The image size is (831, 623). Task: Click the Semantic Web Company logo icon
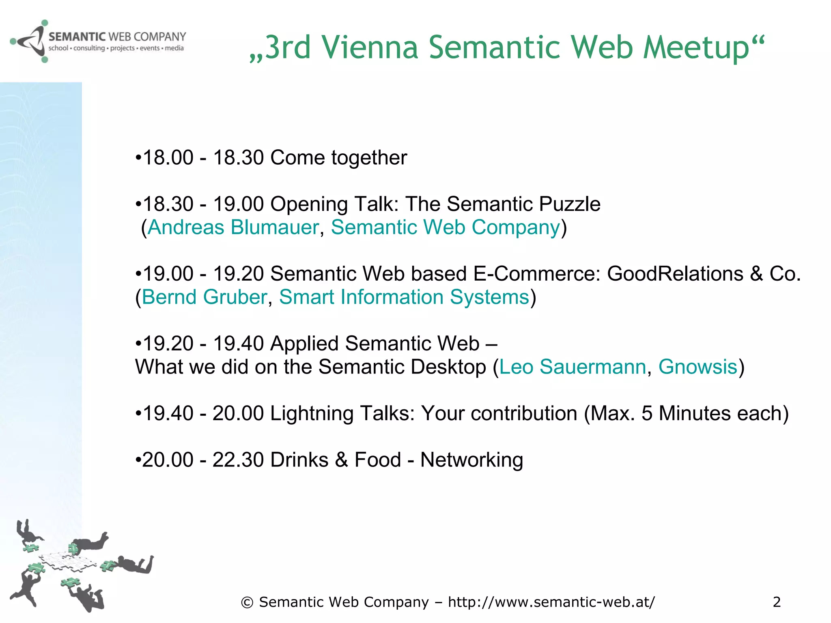[28, 41]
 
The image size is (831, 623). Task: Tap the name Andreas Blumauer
[233, 227]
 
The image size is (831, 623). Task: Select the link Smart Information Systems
[404, 297]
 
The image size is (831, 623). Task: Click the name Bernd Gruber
[205, 297]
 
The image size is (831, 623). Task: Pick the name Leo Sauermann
[573, 367]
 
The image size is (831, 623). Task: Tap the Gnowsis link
[698, 367]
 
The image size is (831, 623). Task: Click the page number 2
[777, 602]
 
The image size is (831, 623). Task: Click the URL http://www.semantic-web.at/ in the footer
[551, 602]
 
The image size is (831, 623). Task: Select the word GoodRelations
[675, 274]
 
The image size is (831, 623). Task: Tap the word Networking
[471, 460]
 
